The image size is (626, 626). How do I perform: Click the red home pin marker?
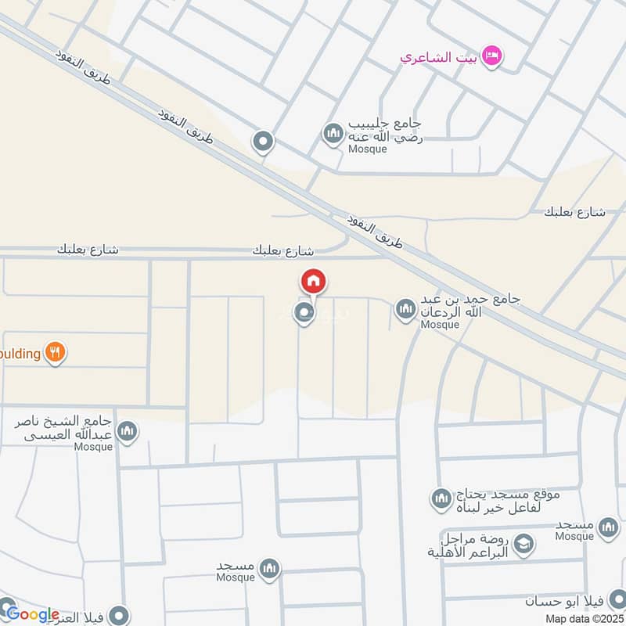(313, 281)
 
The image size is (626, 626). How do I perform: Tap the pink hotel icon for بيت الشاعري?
(492, 55)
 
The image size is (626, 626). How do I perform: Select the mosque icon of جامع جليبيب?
(333, 134)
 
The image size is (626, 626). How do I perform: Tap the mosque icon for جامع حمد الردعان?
(405, 311)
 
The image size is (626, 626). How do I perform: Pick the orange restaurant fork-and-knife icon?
(54, 352)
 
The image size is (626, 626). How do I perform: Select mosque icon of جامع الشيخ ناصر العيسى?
(127, 430)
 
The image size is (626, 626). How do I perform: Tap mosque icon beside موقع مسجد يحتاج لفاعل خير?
(441, 498)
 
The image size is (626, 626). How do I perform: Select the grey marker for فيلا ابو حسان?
(613, 603)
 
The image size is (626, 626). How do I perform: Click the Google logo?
(32, 614)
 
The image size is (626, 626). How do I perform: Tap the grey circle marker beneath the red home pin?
(304, 314)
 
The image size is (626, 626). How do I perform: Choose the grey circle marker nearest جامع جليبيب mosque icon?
(263, 142)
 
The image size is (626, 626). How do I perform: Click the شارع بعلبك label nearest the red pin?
(283, 251)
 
